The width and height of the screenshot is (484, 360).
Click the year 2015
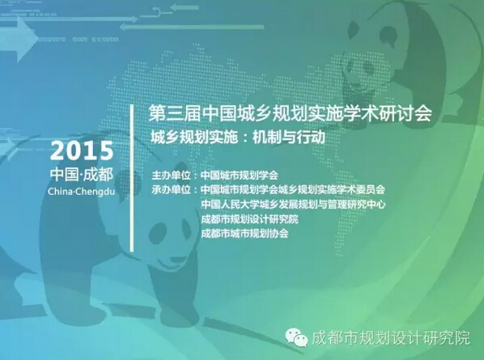[82, 150]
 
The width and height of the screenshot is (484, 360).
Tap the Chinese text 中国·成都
[82, 174]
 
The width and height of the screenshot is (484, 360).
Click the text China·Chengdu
[81, 191]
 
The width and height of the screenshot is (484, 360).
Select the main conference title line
[290, 113]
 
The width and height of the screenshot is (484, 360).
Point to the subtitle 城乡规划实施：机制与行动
[238, 138]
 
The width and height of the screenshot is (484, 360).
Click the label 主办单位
[171, 176]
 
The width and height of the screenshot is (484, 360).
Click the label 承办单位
[171, 189]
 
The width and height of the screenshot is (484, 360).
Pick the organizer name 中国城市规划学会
[240, 176]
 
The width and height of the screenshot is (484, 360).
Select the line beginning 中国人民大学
[293, 204]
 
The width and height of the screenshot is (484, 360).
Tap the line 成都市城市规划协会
[244, 233]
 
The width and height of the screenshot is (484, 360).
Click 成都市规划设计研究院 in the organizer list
[249, 218]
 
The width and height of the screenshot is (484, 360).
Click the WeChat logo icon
[296, 337]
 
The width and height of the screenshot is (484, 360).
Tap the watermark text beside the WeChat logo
[391, 338]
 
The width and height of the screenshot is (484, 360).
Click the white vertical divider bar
[132, 178]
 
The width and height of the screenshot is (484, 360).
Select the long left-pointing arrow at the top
[191, 28]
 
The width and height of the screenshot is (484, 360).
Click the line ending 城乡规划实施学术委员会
[293, 189]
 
